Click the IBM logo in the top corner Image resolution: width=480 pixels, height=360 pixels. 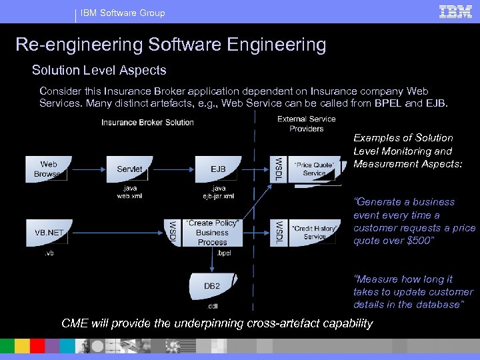click(x=455, y=11)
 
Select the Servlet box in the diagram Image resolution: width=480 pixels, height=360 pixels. click(x=129, y=169)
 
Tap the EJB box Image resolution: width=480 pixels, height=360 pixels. click(x=218, y=169)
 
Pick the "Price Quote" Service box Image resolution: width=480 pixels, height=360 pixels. click(x=314, y=169)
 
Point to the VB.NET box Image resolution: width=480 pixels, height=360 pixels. click(x=49, y=233)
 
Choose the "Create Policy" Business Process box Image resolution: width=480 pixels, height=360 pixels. click(x=212, y=232)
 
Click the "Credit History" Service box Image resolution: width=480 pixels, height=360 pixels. click(x=315, y=232)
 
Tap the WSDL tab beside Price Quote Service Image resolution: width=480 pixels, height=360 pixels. click(x=279, y=169)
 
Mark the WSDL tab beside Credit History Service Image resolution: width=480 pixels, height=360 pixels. click(x=279, y=232)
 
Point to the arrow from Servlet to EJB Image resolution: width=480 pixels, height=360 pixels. click(x=175, y=169)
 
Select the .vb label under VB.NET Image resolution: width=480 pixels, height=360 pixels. click(x=49, y=253)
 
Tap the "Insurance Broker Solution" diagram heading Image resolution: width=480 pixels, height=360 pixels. click(x=147, y=123)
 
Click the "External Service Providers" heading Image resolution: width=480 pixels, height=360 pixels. click(x=307, y=123)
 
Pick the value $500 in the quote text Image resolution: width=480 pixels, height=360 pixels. click(x=418, y=241)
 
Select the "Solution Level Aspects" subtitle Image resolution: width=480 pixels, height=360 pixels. click(x=99, y=70)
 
